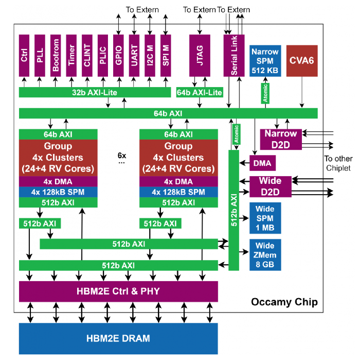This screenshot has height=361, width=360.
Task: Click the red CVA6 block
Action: (x=302, y=61)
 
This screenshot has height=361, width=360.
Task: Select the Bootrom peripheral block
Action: (x=56, y=56)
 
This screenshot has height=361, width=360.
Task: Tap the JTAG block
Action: (x=200, y=56)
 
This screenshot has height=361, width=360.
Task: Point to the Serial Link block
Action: (x=234, y=56)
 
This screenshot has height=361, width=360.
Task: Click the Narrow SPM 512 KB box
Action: (x=265, y=61)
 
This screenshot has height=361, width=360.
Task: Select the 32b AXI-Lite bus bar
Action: (x=95, y=92)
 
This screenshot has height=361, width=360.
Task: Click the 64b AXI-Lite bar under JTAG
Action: (x=199, y=92)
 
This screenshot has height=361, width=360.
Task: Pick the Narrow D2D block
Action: (x=280, y=139)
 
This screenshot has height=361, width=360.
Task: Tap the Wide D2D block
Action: (x=270, y=186)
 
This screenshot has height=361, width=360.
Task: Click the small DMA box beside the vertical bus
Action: (x=263, y=163)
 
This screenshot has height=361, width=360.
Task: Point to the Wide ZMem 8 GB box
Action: (x=265, y=255)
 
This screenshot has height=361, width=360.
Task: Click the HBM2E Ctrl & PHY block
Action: (x=118, y=291)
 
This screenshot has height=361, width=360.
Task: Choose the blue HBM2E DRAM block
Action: (x=118, y=338)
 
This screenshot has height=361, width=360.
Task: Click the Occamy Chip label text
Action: (x=284, y=302)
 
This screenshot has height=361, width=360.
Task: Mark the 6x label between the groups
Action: (x=122, y=155)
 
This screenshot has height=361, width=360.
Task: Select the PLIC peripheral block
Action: (x=102, y=56)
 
